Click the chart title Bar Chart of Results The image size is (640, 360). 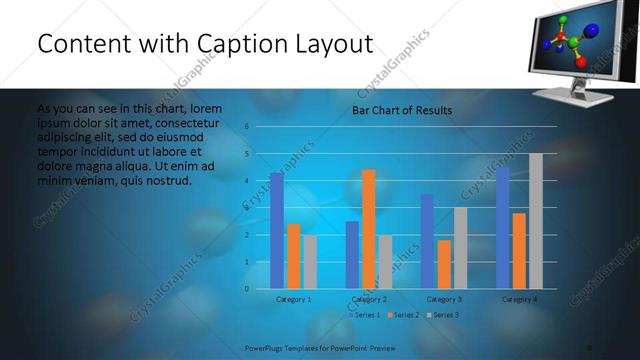click(x=401, y=110)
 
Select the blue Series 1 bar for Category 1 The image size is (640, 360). click(x=277, y=231)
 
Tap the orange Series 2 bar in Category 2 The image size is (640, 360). click(x=368, y=229)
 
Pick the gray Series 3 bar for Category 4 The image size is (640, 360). click(x=535, y=221)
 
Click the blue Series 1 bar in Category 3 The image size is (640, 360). click(x=427, y=242)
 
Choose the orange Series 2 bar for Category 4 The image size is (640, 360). click(x=519, y=251)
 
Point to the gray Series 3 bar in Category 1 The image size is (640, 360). click(x=309, y=262)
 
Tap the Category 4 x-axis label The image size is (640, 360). click(x=519, y=299)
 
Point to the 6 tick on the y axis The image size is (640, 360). click(x=247, y=127)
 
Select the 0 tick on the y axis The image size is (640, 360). click(x=247, y=289)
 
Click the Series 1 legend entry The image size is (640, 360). click(x=365, y=315)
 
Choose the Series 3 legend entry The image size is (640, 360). click(x=443, y=315)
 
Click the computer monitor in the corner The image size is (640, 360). click(x=578, y=46)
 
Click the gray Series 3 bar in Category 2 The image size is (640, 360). click(x=385, y=262)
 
